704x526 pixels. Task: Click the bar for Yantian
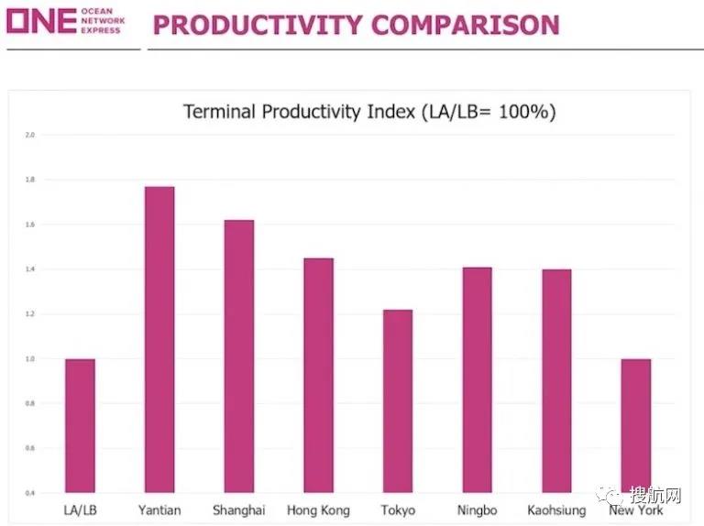pyautogui.click(x=159, y=339)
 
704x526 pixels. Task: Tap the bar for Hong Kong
pyautogui.click(x=318, y=375)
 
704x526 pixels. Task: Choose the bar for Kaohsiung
pyautogui.click(x=556, y=380)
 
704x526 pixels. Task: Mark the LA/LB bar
pyautogui.click(x=80, y=425)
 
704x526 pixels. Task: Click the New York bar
pyautogui.click(x=636, y=425)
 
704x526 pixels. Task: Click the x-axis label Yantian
pyautogui.click(x=159, y=510)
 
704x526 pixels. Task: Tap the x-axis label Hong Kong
pyautogui.click(x=318, y=510)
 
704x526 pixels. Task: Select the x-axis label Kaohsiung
pyautogui.click(x=556, y=510)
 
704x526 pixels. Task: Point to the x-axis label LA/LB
pyautogui.click(x=80, y=510)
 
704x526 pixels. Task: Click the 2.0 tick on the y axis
pyautogui.click(x=29, y=135)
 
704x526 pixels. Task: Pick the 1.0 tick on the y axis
pyautogui.click(x=29, y=359)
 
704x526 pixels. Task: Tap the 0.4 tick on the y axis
pyautogui.click(x=29, y=494)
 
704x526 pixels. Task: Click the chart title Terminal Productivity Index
pyautogui.click(x=369, y=113)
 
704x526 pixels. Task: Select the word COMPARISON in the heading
pyautogui.click(x=465, y=25)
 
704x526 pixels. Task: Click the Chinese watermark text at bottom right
pyautogui.click(x=655, y=497)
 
